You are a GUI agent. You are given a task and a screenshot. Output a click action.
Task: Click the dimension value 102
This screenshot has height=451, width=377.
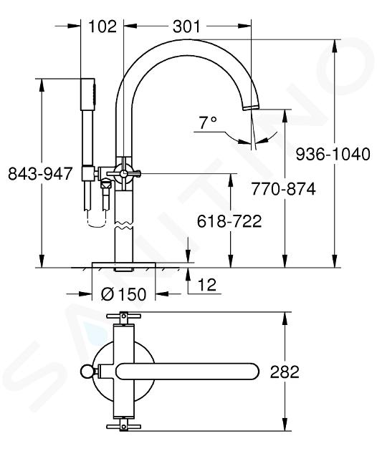point(102,26)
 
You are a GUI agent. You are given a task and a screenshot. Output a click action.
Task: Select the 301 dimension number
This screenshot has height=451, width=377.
point(186,26)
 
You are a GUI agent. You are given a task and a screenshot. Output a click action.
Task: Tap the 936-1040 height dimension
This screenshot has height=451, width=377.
point(333,154)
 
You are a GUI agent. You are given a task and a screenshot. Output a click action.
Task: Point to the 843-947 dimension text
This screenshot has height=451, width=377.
point(39,174)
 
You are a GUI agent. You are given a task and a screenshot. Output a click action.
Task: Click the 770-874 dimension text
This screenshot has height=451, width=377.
point(283,189)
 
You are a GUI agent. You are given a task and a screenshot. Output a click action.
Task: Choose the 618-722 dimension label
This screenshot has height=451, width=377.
point(229,221)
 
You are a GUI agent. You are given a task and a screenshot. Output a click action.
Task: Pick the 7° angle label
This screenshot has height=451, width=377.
point(207,123)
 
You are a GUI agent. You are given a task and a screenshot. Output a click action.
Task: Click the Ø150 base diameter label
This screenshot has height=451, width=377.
point(124,294)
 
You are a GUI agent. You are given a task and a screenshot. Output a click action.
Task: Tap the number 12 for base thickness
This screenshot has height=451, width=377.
point(207,285)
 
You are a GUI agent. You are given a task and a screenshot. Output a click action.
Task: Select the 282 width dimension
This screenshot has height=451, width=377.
point(285,372)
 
